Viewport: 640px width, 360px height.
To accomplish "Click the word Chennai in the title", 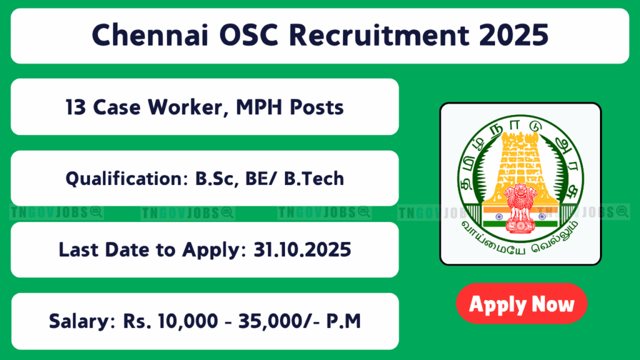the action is [x=150, y=35].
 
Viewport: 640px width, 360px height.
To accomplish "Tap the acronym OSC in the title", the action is [x=249, y=35].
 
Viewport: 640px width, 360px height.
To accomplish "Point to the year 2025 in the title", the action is [x=514, y=35].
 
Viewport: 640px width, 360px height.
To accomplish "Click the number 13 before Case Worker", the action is [x=76, y=107].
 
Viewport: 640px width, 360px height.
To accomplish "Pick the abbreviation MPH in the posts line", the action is [x=259, y=107].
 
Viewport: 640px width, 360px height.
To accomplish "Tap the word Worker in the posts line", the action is [x=187, y=107].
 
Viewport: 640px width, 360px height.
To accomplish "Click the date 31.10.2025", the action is [x=302, y=250].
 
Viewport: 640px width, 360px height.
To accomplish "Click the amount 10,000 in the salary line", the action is [x=187, y=321].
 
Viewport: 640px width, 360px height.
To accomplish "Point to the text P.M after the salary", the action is [x=344, y=321].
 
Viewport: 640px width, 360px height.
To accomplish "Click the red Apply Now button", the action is [x=522, y=304].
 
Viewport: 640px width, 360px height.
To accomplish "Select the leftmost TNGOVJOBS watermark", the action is [x=56, y=212].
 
